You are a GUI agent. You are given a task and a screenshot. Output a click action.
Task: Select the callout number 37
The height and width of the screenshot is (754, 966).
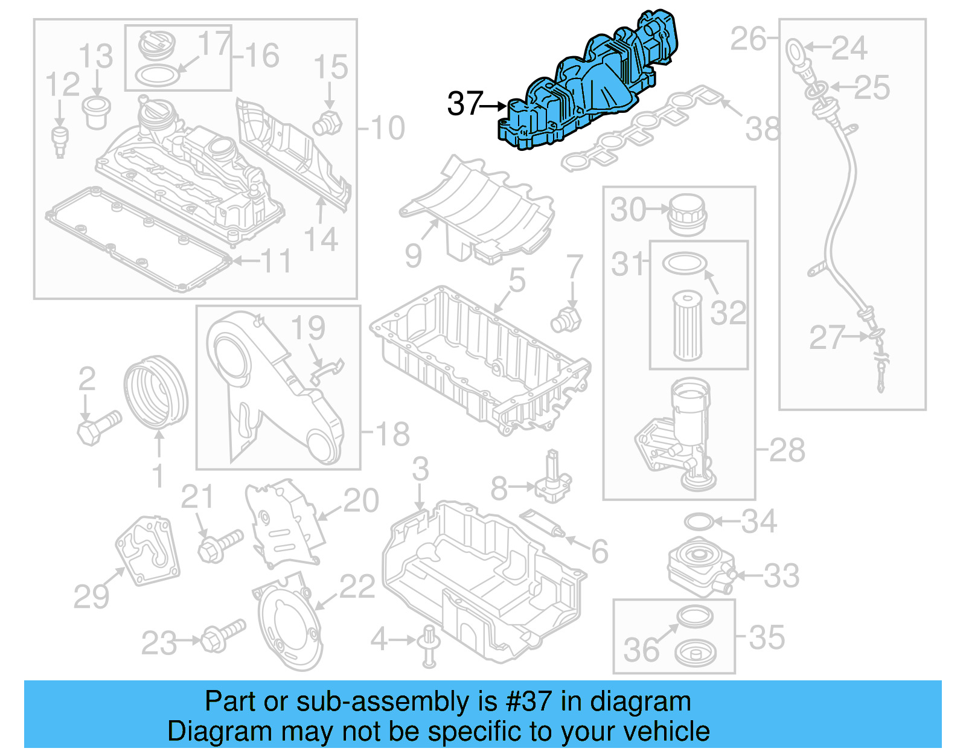tap(465, 104)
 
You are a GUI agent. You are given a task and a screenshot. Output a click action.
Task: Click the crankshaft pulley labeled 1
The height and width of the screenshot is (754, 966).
tap(155, 392)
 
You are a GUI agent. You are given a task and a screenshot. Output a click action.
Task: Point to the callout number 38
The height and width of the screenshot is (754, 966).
tap(763, 129)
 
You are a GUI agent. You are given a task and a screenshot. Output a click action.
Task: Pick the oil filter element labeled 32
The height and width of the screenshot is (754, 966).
tap(687, 326)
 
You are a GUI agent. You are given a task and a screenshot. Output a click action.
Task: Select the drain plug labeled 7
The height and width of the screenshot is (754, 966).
tap(566, 320)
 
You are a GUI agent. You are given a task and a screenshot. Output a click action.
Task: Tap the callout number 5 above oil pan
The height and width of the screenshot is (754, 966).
tap(517, 280)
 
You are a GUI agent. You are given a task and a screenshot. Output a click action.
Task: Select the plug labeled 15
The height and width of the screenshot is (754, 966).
tap(327, 124)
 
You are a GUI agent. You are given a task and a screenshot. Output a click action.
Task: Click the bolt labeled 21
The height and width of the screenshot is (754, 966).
tap(219, 544)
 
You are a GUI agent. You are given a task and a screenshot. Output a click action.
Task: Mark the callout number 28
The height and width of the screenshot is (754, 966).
tap(787, 450)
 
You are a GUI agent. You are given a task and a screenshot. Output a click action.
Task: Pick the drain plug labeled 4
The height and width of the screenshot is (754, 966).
tap(429, 646)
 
